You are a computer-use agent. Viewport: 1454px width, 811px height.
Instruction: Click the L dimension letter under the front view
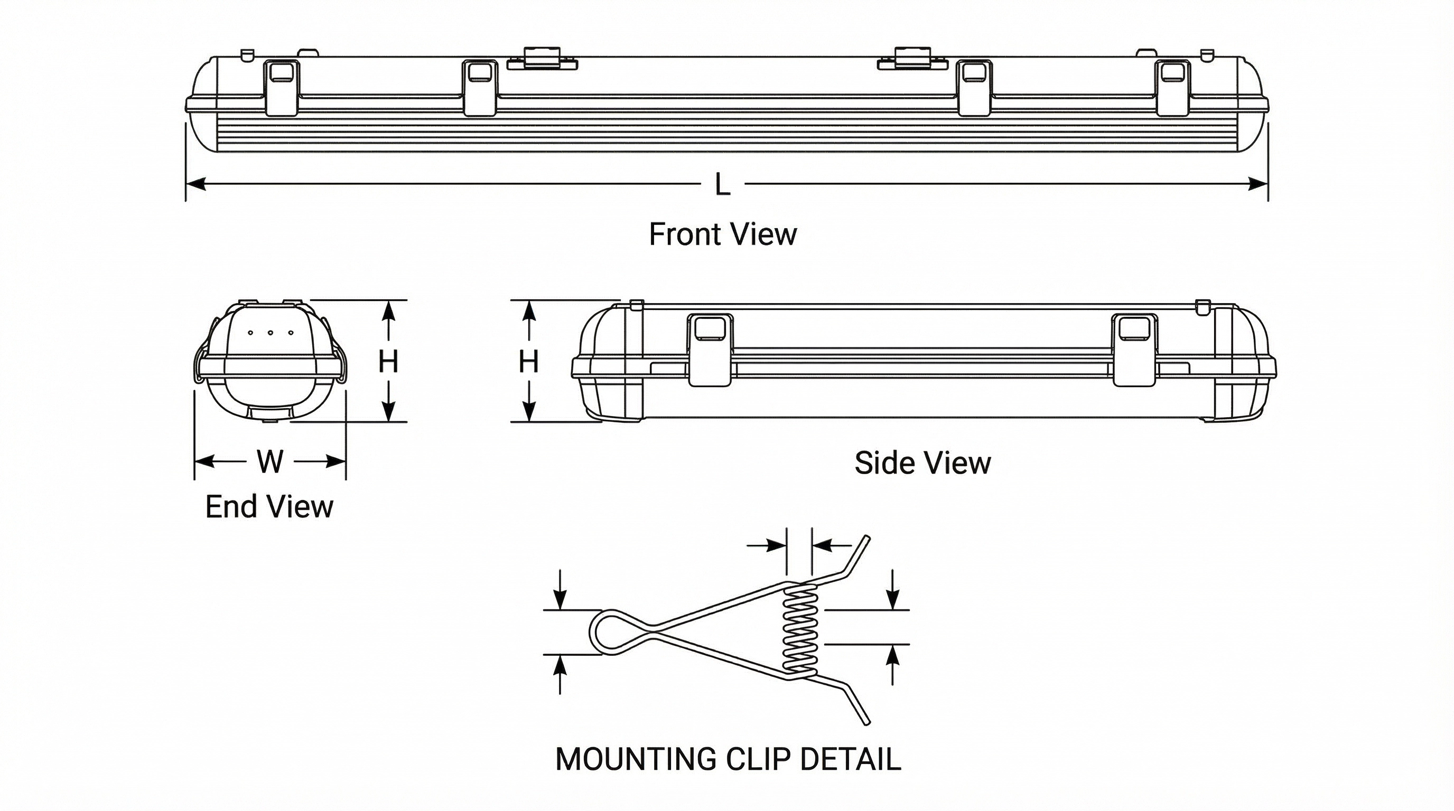722,184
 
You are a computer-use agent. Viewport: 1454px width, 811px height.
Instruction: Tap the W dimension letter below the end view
270,461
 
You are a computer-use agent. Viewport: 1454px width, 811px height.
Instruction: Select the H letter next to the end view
388,362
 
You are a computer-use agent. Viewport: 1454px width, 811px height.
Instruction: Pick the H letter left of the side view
528,362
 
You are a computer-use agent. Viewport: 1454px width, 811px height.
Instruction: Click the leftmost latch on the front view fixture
282,88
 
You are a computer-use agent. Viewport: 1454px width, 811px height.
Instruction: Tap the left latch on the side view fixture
711,350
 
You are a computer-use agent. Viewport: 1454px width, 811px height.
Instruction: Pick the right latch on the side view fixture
1134,350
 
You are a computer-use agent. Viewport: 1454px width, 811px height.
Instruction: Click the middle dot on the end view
271,333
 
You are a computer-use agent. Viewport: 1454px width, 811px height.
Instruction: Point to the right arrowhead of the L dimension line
1258,184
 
